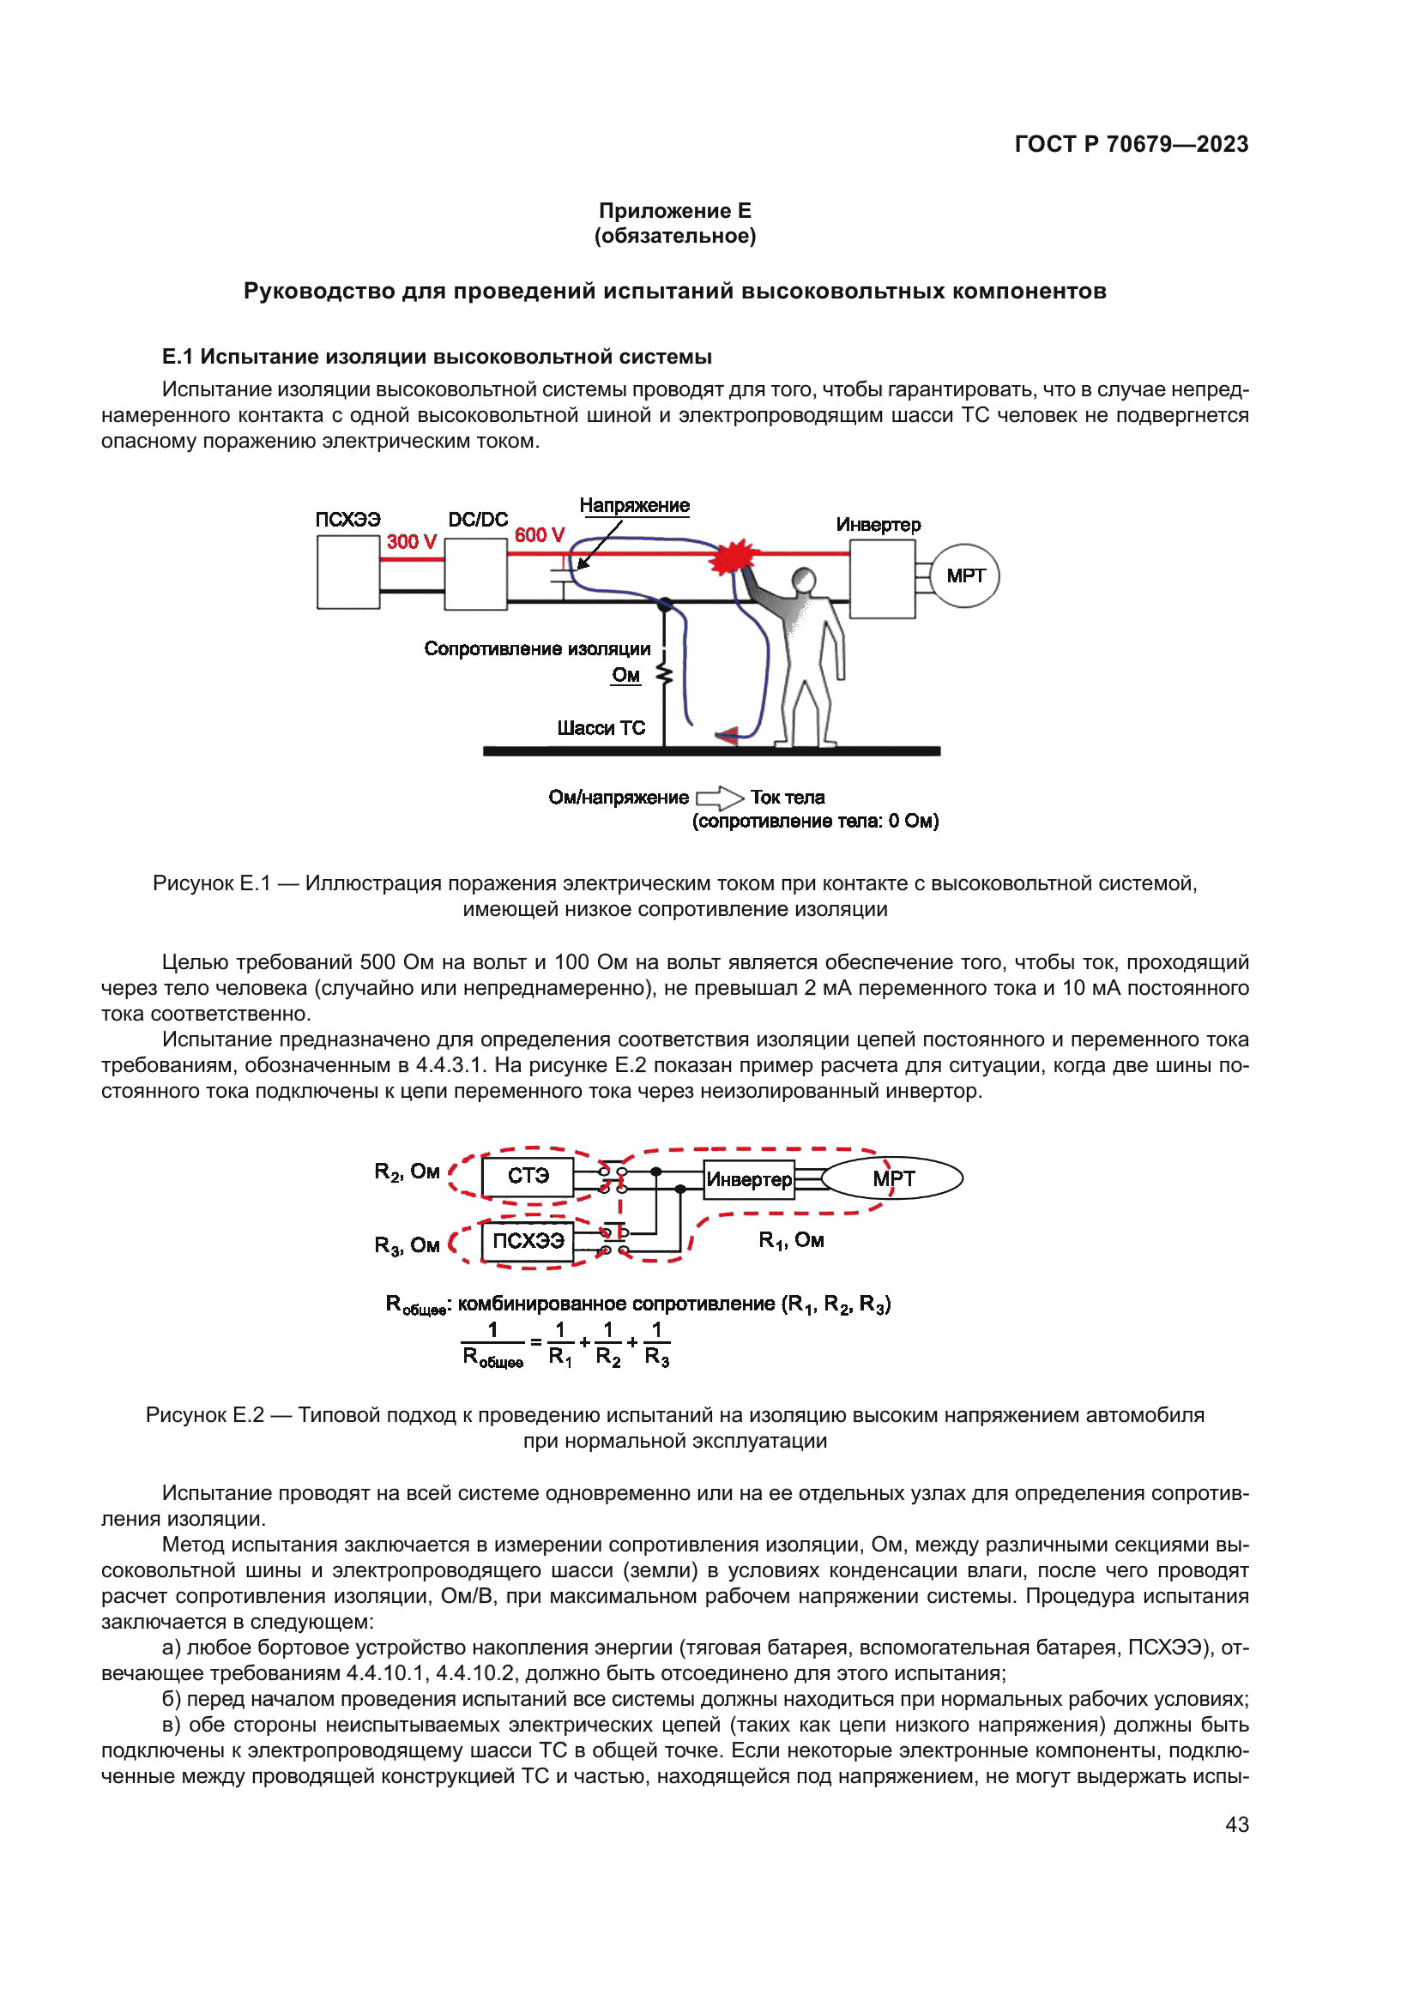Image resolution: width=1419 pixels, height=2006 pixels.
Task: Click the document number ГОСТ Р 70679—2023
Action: point(1131,144)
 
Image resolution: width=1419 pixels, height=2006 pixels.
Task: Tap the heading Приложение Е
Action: point(674,211)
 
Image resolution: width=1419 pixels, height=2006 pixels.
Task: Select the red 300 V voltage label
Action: point(412,542)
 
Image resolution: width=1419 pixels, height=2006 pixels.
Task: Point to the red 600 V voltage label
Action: point(539,534)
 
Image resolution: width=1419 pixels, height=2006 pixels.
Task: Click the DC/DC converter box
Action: point(476,573)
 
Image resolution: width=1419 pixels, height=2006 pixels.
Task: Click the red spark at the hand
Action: point(735,557)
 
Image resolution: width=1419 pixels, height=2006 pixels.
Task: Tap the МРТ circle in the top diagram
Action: point(964,575)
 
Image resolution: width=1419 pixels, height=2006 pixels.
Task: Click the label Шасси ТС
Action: point(601,728)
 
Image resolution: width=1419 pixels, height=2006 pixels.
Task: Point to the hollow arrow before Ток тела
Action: point(719,798)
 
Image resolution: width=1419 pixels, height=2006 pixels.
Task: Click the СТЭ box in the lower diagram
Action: point(528,1176)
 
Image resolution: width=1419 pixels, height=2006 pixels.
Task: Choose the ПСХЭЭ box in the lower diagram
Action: point(528,1241)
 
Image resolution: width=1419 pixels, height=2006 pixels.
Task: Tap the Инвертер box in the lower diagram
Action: point(749,1179)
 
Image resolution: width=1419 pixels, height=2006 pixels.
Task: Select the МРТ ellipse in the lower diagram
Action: point(893,1178)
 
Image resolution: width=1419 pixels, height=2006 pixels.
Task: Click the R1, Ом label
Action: point(791,1240)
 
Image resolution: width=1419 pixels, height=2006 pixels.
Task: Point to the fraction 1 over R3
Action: point(657,1344)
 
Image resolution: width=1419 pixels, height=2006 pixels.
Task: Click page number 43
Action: point(1236,1824)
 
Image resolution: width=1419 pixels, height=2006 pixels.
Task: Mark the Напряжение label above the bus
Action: point(634,505)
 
